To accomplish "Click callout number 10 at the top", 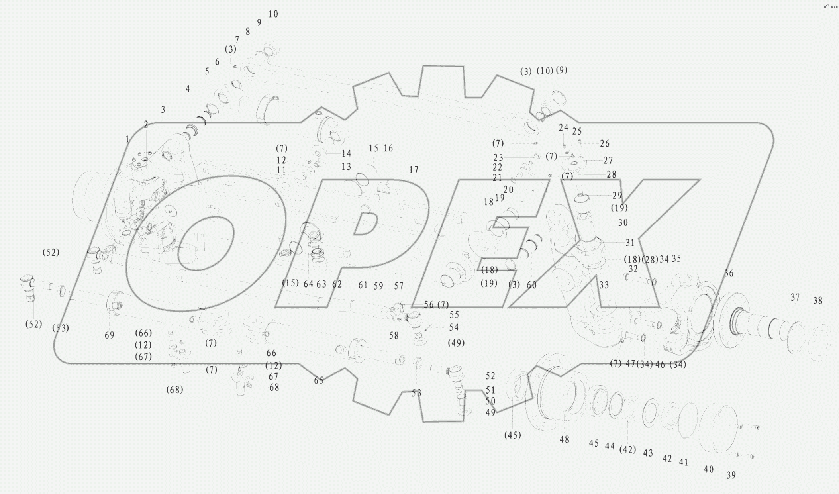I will pos(273,14).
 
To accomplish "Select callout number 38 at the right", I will pos(817,301).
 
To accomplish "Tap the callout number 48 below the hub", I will pos(564,440).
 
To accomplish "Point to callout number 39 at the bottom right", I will pos(731,475).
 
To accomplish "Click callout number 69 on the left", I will pos(110,335).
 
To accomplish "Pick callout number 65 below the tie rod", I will pos(319,381).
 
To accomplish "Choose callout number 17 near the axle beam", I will pos(414,170).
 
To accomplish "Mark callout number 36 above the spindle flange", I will pos(729,274).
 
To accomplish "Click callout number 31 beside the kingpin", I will pos(630,243).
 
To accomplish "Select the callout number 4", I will pos(188,89).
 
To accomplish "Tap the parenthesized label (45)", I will pos(512,435).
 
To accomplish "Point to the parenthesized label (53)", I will pos(61,328).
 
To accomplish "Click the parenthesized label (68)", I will pos(174,390).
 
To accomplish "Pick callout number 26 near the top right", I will pos(604,144).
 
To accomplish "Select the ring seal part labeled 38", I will pos(820,343).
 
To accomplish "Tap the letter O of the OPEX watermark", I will pos(205,243).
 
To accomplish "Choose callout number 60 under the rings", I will pos(531,285).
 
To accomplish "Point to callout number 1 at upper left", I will pos(127,139).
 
